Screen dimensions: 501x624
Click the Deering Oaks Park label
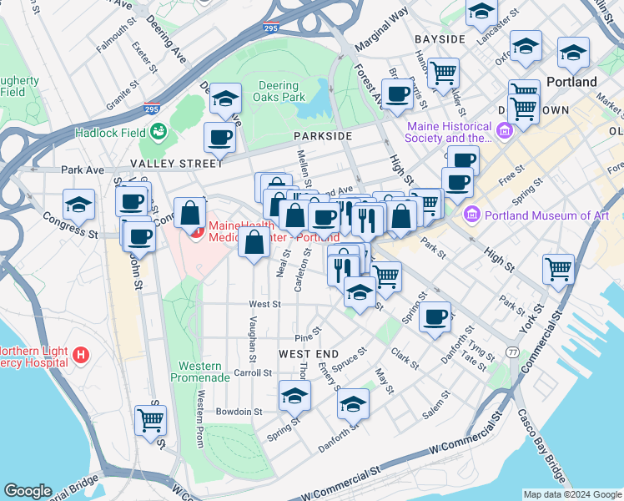pyautogui.click(x=279, y=91)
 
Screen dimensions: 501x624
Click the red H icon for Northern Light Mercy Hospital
pyautogui.click(x=81, y=356)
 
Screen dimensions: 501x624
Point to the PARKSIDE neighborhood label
pyautogui.click(x=322, y=135)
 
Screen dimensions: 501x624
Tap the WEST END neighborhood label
pyautogui.click(x=309, y=354)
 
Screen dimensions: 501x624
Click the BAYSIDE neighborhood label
pyautogui.click(x=439, y=39)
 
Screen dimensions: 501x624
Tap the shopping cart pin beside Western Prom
pyautogui.click(x=151, y=420)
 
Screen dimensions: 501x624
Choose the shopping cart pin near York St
pyautogui.click(x=558, y=269)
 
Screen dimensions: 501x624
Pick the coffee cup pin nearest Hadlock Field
pyautogui.click(x=219, y=137)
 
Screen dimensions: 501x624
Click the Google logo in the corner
pyautogui.click(x=28, y=491)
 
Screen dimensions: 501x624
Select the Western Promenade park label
pyautogui.click(x=200, y=372)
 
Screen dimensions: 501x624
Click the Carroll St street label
pyautogui.click(x=253, y=372)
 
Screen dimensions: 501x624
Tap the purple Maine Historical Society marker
pyautogui.click(x=504, y=131)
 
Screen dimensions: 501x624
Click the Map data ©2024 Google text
pyautogui.click(x=571, y=494)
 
